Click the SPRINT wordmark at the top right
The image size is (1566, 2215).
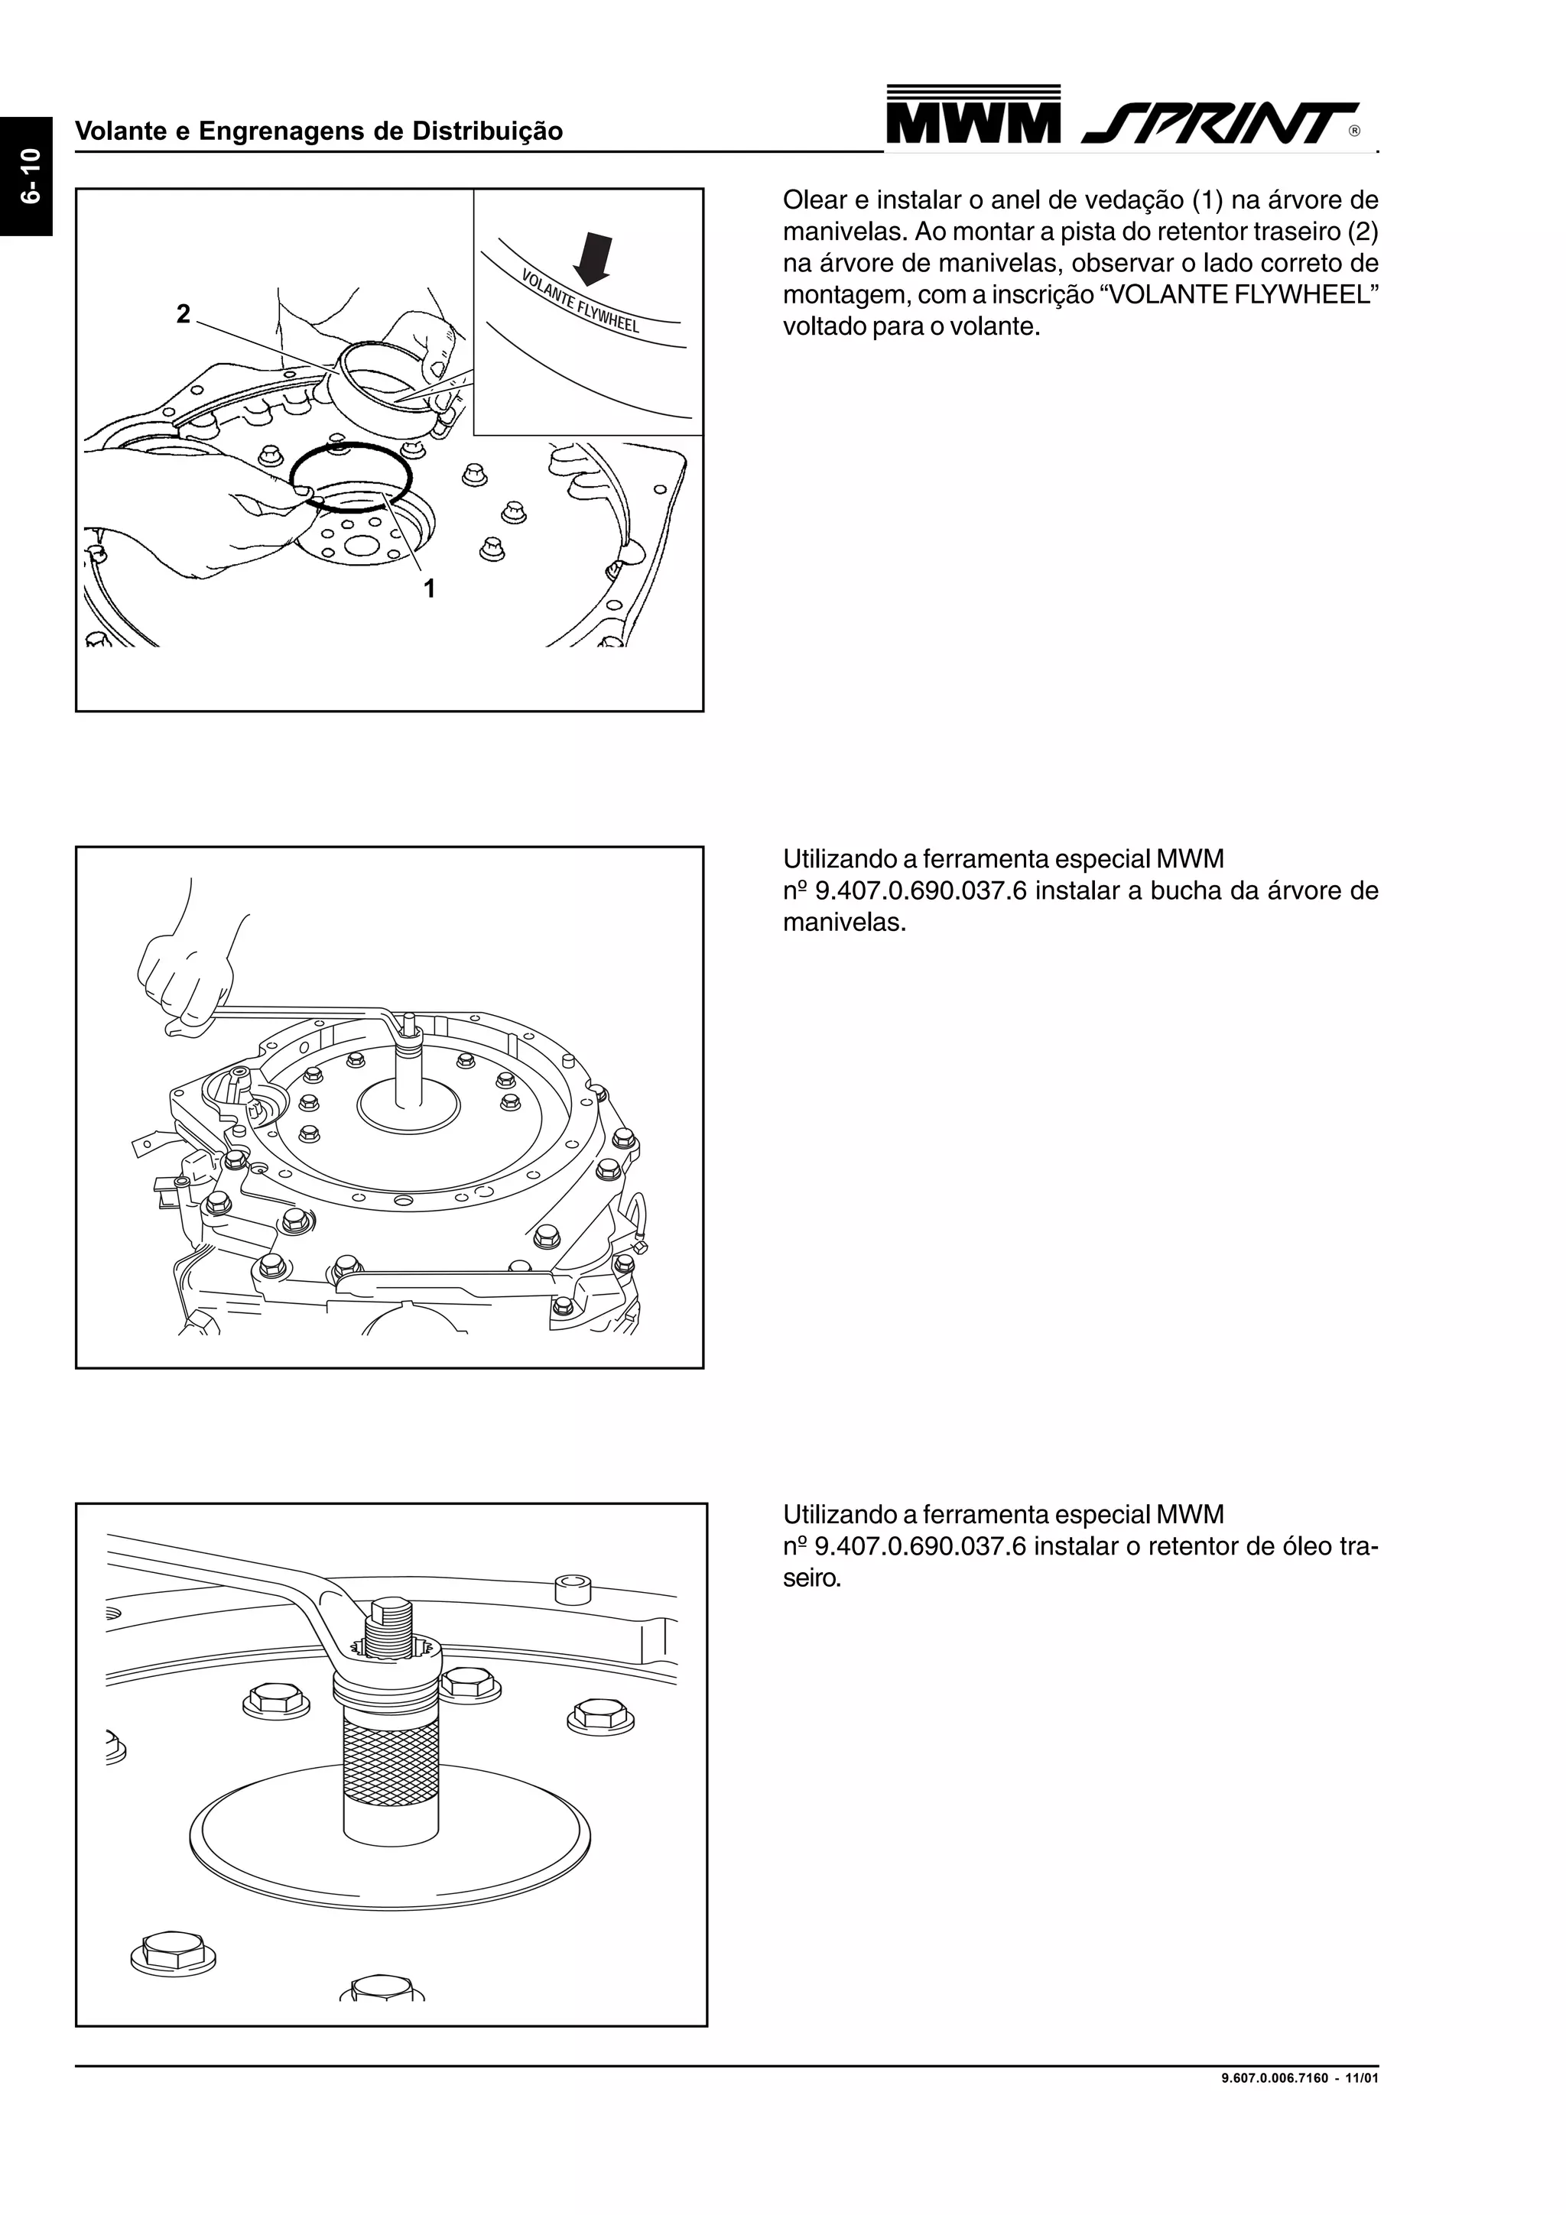[x=1220, y=122]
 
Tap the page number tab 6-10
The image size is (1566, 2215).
[x=26, y=177]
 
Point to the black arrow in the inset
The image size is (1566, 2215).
[x=593, y=261]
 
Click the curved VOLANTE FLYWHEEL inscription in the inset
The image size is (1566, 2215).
[x=580, y=301]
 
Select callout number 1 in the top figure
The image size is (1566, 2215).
[x=430, y=588]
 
